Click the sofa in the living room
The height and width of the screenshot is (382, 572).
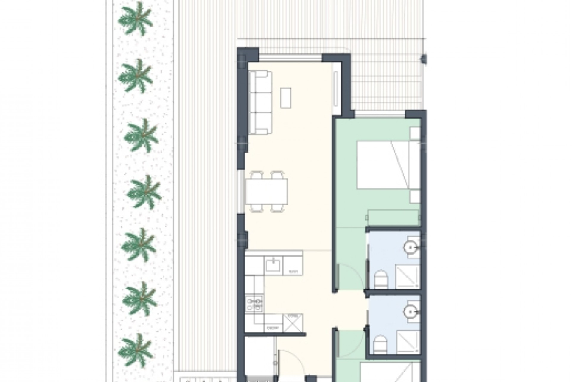click(260, 102)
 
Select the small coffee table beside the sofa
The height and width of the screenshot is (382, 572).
click(286, 97)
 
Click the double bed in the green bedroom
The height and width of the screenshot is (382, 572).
click(384, 165)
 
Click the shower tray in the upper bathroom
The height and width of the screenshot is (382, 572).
click(407, 278)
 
